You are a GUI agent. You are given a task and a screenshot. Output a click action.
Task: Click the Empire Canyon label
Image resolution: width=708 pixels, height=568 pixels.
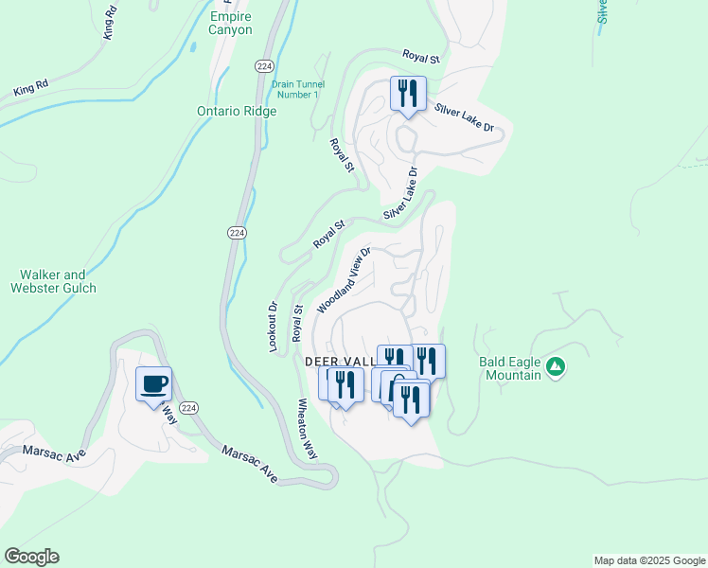(232, 23)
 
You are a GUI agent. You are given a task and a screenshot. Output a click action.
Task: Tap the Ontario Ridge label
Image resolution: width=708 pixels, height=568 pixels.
(237, 111)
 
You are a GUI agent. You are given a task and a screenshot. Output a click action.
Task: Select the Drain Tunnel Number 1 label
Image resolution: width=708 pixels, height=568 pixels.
(296, 89)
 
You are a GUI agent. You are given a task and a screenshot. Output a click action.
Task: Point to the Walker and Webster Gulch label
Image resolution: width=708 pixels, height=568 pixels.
(54, 281)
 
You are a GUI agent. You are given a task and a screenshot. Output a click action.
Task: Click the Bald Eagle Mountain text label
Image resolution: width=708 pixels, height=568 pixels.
(510, 368)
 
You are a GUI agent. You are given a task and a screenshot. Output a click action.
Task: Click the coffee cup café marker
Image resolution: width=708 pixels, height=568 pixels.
(153, 383)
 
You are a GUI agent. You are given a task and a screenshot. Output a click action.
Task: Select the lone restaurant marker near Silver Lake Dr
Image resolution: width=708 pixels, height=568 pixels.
(408, 95)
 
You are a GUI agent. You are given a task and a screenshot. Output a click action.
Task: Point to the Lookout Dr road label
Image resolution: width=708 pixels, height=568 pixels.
(273, 328)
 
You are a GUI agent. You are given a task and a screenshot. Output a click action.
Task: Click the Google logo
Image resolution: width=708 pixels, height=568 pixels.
(31, 557)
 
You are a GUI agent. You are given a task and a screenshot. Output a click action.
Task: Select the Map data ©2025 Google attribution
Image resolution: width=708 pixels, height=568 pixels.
(648, 560)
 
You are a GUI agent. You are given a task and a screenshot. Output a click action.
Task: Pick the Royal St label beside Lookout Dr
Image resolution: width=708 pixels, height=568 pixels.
(297, 322)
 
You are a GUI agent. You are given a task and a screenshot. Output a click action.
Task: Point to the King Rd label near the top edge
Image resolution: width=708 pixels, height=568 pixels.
(110, 23)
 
